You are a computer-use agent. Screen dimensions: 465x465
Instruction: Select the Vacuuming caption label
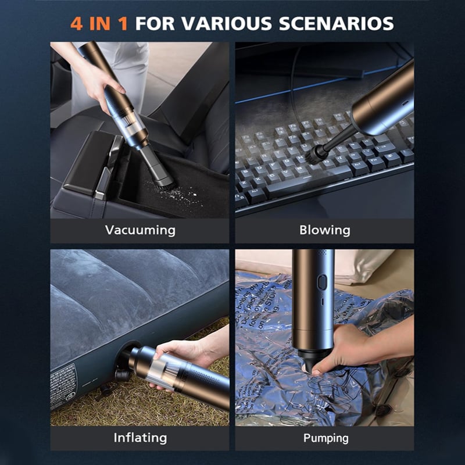pyautogui.click(x=139, y=230)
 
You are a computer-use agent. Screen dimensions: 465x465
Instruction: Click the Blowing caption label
pyautogui.click(x=324, y=230)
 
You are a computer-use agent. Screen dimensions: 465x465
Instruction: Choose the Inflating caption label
pyautogui.click(x=139, y=437)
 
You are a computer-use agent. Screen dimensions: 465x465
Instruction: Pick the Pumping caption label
pyautogui.click(x=324, y=437)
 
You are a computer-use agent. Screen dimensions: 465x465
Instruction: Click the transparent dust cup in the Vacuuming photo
pyautogui.click(x=132, y=131)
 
